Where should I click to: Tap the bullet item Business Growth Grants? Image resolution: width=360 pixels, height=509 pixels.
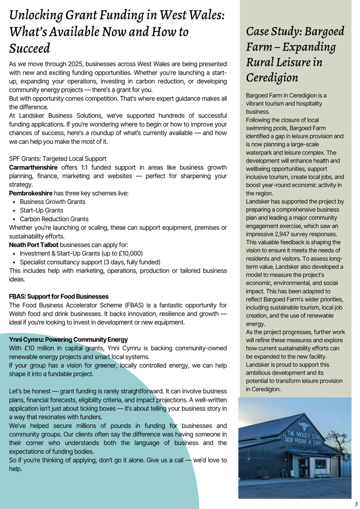click(53, 202)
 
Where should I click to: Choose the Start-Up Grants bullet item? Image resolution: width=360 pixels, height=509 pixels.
click(41, 210)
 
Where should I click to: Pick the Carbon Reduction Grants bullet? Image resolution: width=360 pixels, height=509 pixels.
click(54, 219)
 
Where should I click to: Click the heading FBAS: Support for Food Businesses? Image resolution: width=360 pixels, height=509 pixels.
click(59, 296)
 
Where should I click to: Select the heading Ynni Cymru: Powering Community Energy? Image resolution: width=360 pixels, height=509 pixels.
click(68, 339)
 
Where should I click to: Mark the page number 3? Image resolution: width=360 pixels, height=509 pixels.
click(355, 504)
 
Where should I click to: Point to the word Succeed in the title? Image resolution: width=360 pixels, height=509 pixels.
click(29, 48)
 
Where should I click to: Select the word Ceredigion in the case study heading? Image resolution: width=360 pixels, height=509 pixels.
click(272, 77)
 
